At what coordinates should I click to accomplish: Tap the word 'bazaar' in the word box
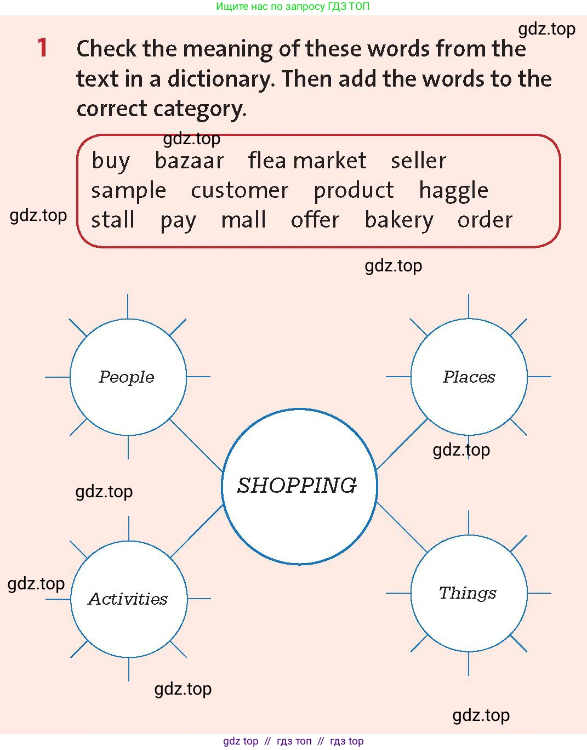189,161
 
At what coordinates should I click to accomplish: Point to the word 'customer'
240,190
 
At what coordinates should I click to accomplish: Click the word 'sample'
129,191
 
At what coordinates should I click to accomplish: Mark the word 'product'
354,191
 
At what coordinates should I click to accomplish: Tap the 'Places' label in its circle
469,377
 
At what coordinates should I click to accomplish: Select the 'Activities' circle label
128,599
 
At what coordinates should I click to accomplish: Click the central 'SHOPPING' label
297,485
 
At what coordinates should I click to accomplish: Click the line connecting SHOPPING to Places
402,444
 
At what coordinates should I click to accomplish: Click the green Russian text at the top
293,7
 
